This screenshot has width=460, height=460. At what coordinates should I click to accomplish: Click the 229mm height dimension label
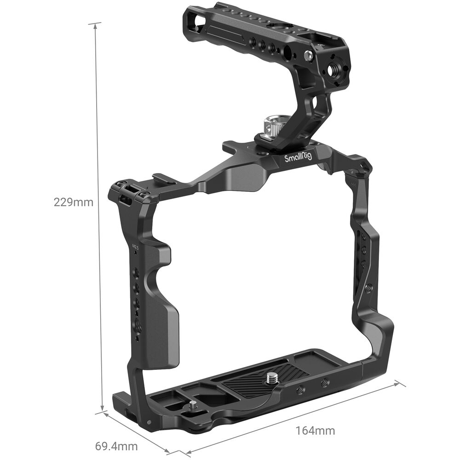tap(73, 202)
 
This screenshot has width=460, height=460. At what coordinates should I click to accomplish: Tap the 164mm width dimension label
tap(315, 431)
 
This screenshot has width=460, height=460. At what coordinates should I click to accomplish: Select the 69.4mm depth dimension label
tap(116, 446)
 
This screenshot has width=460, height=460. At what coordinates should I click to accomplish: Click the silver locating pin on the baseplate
tap(193, 406)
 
